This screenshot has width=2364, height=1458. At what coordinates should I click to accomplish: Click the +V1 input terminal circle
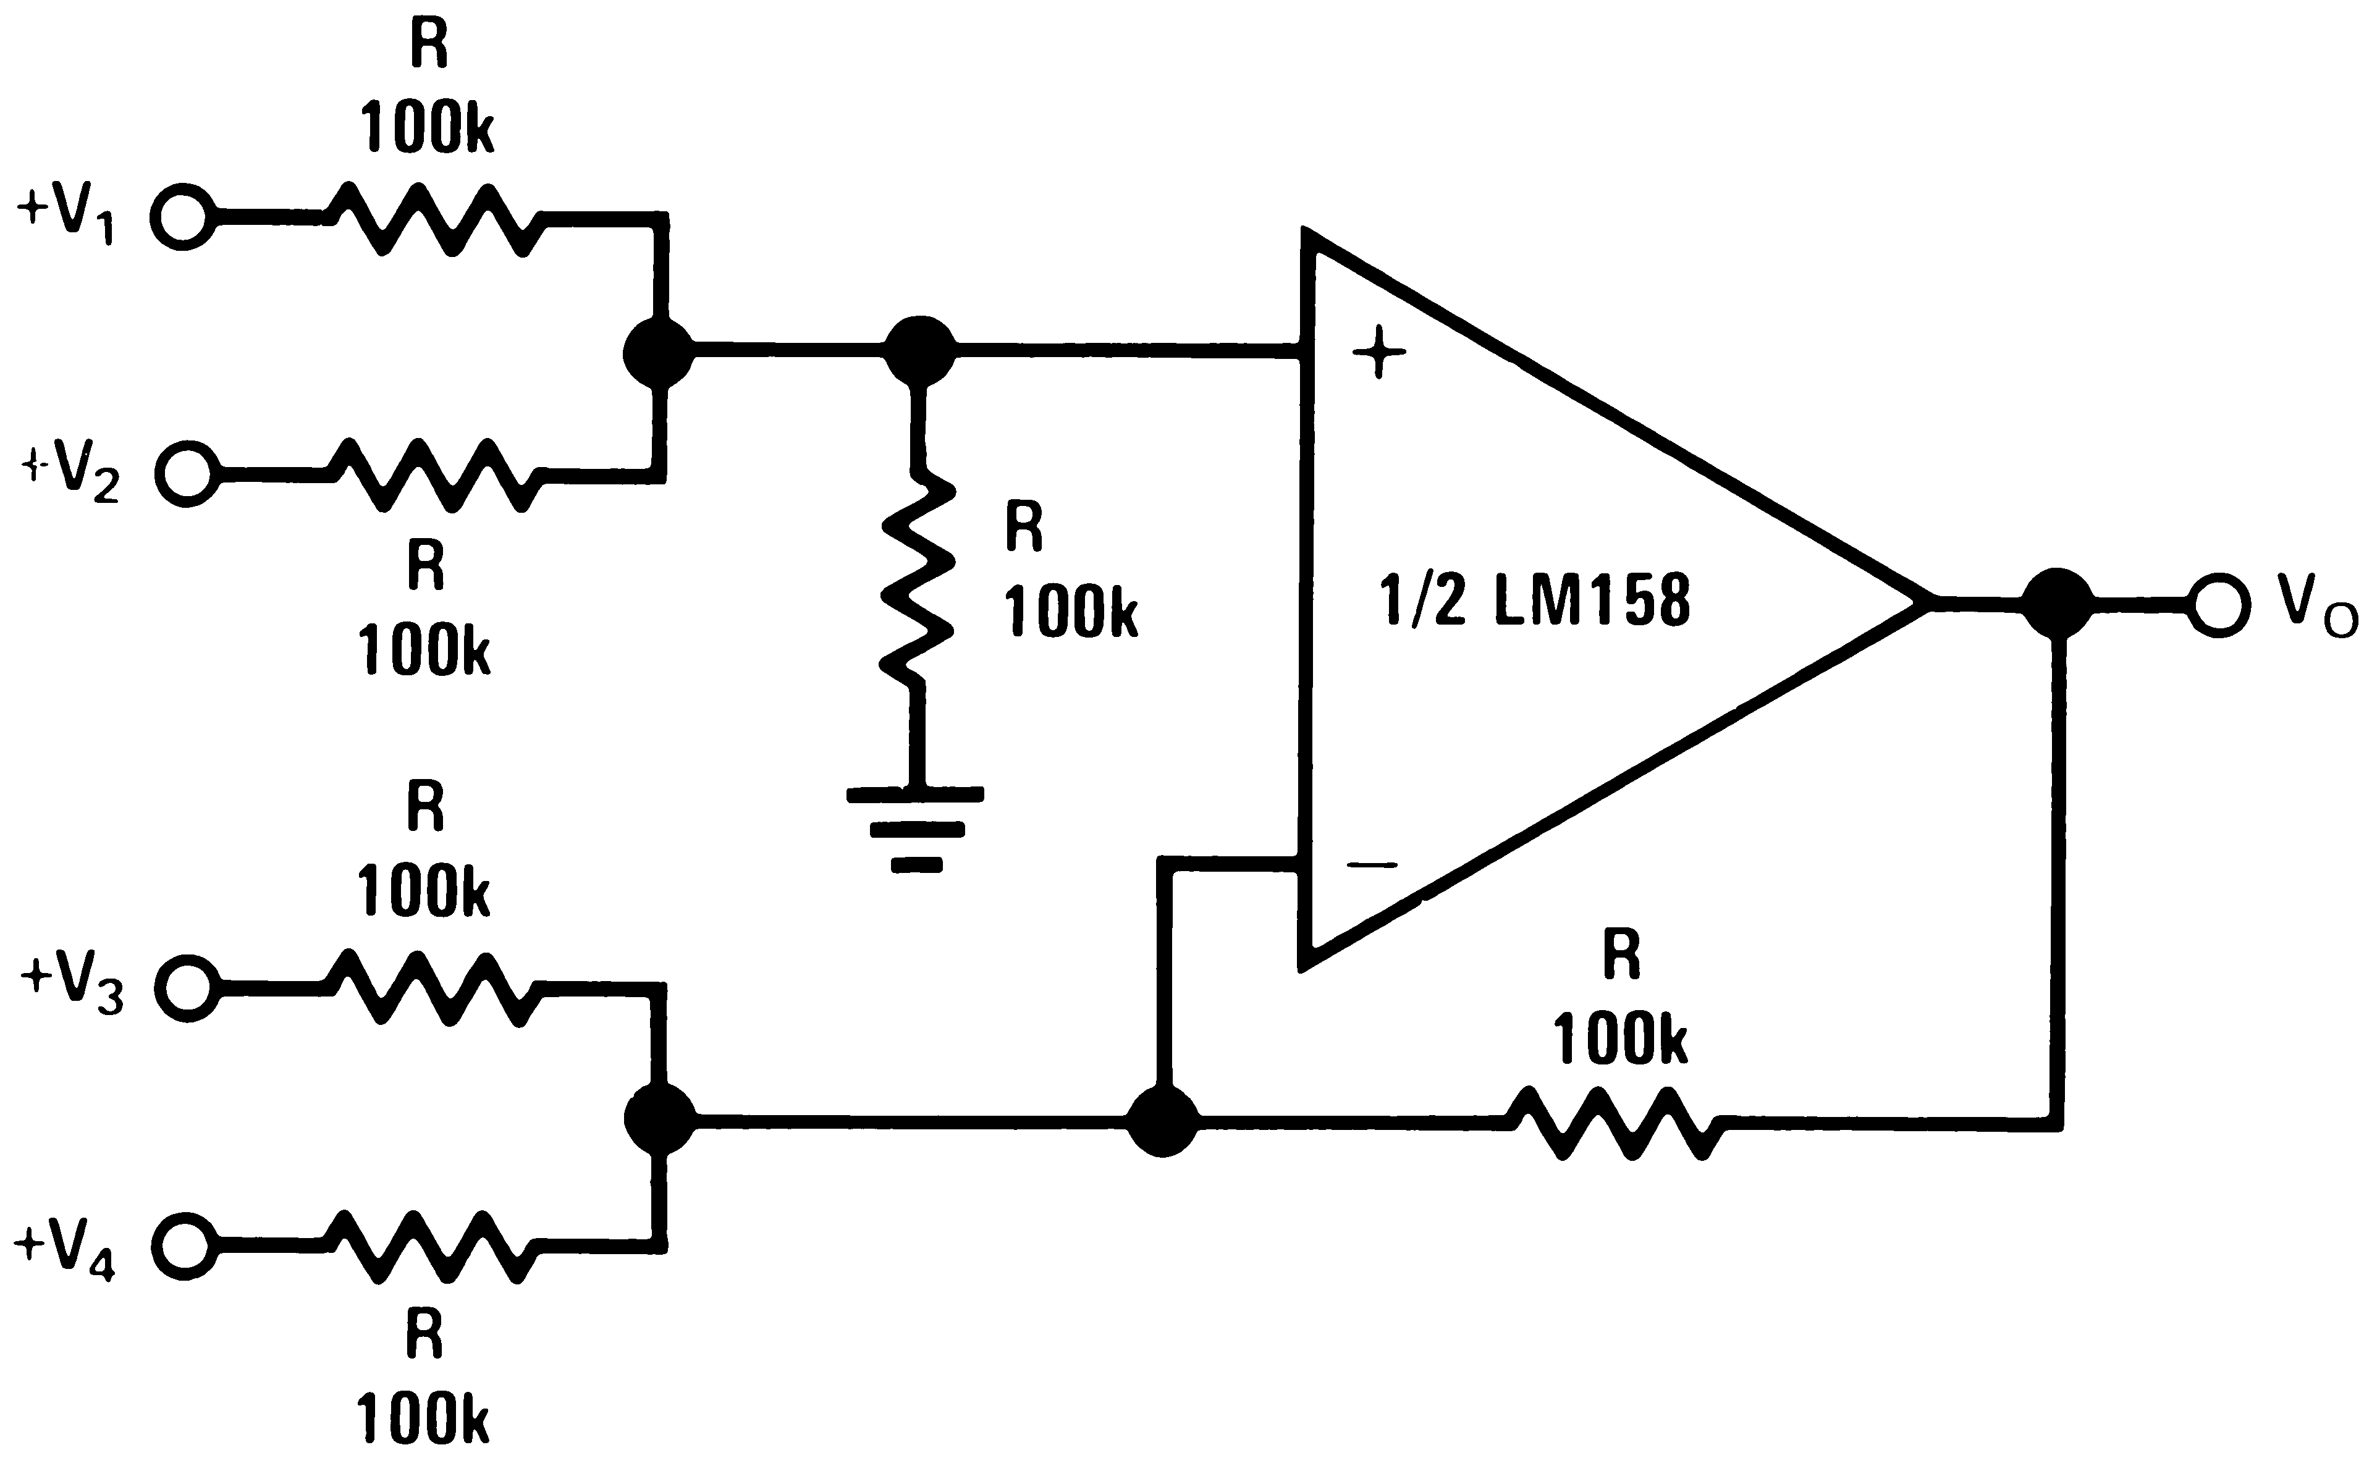pyautogui.click(x=183, y=218)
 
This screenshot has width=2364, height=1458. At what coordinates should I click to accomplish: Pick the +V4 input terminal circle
pyautogui.click(x=185, y=1247)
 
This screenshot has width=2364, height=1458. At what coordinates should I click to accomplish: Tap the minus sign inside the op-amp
pyautogui.click(x=1372, y=865)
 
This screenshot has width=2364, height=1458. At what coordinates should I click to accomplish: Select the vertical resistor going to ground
pyautogui.click(x=918, y=579)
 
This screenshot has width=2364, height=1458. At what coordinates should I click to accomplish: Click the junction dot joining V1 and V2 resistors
pyautogui.click(x=659, y=352)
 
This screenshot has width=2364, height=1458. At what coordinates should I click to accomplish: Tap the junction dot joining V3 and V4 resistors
pyautogui.click(x=659, y=1119)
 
